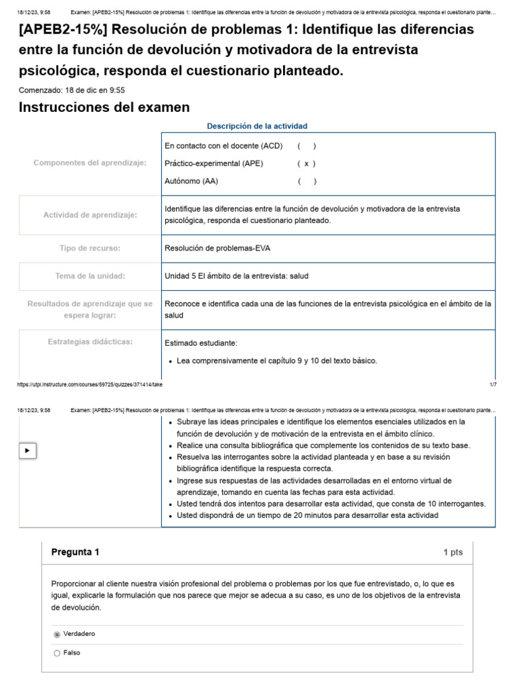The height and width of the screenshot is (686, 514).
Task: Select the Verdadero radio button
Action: [x=57, y=634]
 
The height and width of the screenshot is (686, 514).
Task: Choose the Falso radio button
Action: [x=57, y=653]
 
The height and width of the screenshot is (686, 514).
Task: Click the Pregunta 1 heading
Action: [x=75, y=552]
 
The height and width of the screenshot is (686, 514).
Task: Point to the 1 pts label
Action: [x=452, y=553]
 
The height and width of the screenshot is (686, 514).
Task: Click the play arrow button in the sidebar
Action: [x=27, y=451]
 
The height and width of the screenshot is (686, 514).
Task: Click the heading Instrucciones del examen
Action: [x=104, y=107]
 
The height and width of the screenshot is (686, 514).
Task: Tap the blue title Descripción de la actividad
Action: [x=257, y=126]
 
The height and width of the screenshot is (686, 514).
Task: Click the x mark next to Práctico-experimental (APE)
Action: [x=306, y=163]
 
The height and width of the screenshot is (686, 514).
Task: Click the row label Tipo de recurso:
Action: [x=90, y=249]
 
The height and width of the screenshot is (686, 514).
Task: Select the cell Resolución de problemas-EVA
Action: [x=217, y=249]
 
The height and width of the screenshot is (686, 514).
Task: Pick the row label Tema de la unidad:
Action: [x=90, y=276]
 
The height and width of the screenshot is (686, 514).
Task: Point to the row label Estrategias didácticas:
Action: [x=90, y=342]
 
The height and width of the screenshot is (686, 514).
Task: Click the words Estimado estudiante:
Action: [x=201, y=343]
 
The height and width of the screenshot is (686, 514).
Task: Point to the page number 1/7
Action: [x=493, y=385]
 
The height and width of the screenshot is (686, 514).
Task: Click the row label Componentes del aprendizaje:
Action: [x=90, y=163]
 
